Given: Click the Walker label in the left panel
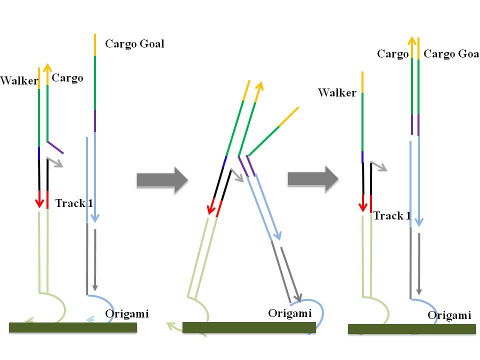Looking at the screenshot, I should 19,80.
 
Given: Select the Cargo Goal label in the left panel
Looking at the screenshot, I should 134,44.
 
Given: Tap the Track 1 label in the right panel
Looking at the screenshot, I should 392,216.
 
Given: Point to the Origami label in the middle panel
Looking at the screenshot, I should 290,313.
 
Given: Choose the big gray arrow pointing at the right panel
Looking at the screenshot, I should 313,178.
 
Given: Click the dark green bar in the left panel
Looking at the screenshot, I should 72,327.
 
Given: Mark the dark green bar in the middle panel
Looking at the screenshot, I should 249,327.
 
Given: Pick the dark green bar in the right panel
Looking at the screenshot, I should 411,328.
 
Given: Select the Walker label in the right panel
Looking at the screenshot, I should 337,93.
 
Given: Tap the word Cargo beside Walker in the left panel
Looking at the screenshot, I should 67,78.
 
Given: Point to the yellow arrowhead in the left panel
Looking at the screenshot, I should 47,67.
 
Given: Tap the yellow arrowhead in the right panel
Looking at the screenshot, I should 411,41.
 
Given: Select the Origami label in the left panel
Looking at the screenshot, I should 127,314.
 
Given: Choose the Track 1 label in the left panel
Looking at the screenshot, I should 73,203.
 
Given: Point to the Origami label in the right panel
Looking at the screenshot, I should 449,315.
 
